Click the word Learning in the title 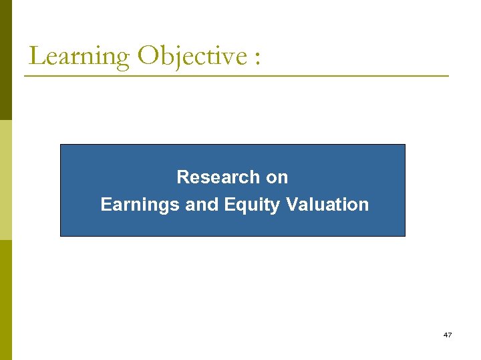[79, 56]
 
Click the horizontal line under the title [236, 76]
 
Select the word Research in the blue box [208, 177]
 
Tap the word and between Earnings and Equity [202, 205]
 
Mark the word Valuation [327, 205]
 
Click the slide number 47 [447, 335]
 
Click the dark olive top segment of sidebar [5, 60]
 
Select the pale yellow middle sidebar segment [5, 180]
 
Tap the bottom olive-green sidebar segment [5, 300]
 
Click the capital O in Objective [148, 56]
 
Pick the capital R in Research [182, 177]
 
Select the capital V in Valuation [291, 205]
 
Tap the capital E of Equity [229, 205]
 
